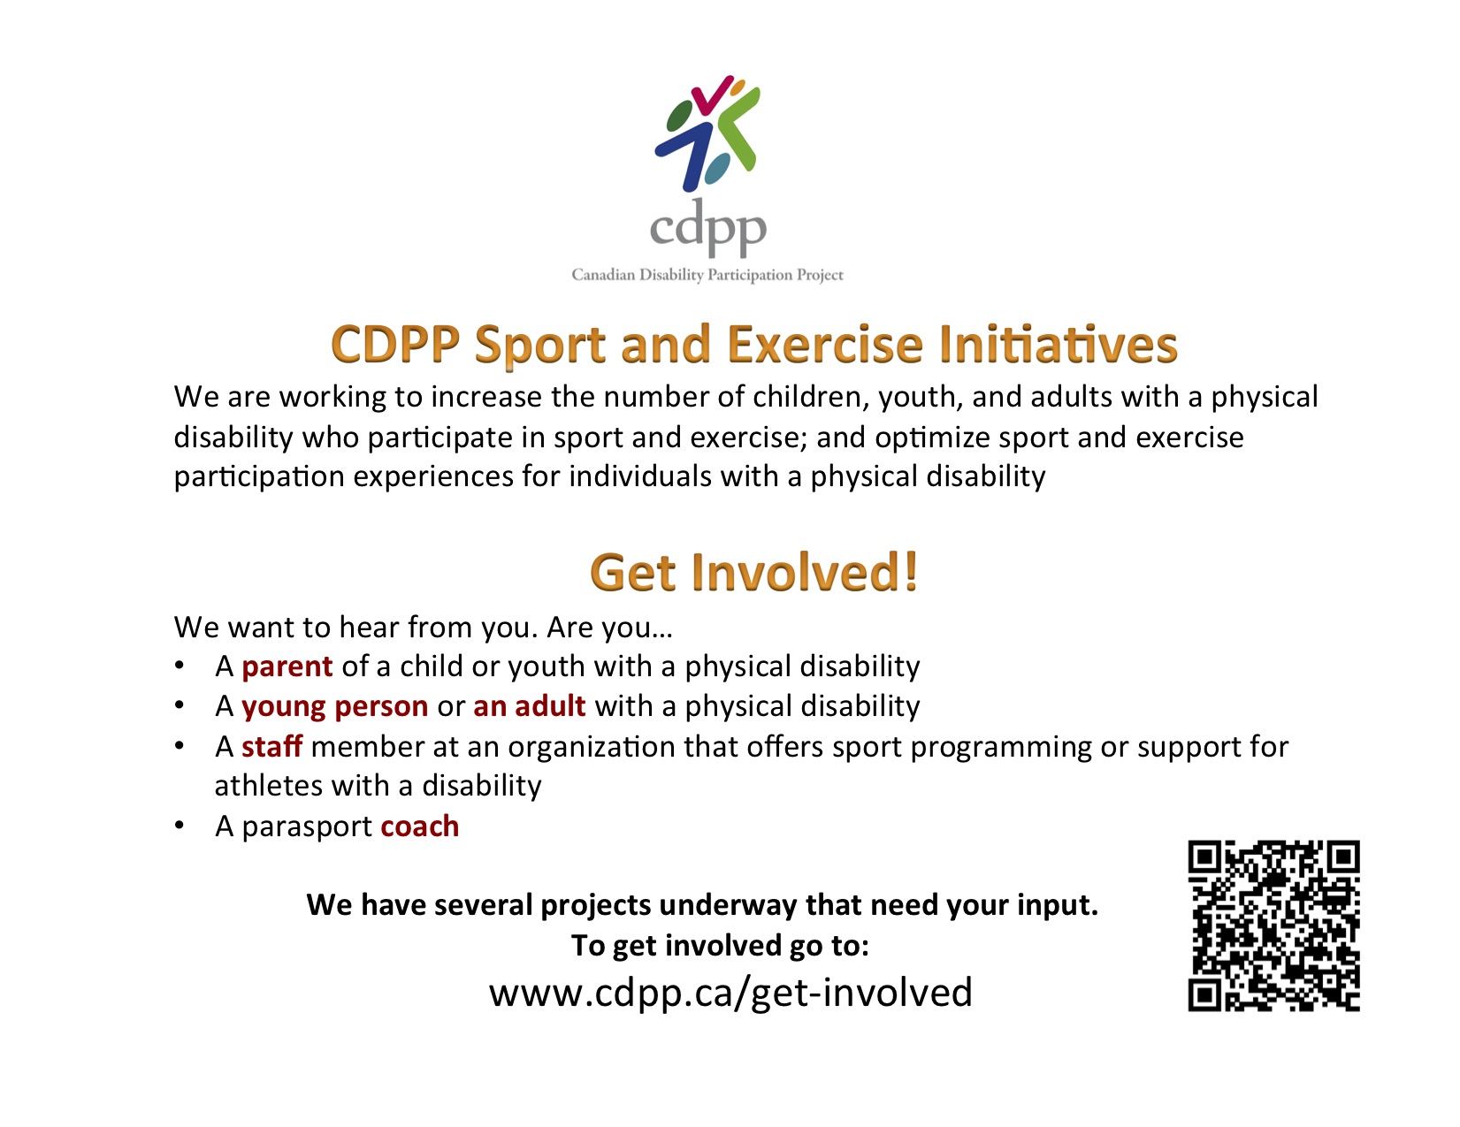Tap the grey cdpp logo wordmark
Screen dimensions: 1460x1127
[707, 228]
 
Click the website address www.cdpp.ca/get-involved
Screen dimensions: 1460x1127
[730, 992]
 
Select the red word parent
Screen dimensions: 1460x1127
[287, 667]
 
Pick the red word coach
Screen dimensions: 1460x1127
[419, 826]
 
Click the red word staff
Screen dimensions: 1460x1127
[271, 746]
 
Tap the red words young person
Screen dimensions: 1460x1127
[334, 707]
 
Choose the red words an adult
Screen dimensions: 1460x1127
[529, 706]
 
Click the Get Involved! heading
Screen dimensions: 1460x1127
[753, 573]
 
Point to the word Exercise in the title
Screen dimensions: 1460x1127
[826, 344]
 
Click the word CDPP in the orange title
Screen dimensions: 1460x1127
[395, 345]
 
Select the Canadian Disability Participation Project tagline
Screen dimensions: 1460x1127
[707, 275]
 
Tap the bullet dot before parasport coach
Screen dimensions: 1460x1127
[179, 826]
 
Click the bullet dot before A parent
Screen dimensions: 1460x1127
[179, 666]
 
